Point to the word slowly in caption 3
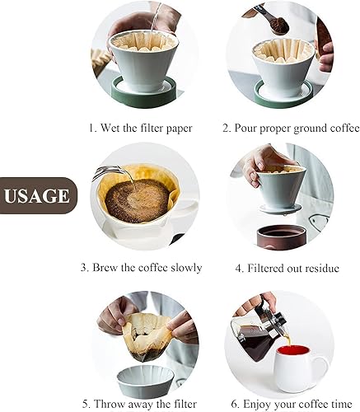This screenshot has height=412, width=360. [x=183, y=268]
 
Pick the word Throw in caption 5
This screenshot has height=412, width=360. [x=114, y=404]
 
